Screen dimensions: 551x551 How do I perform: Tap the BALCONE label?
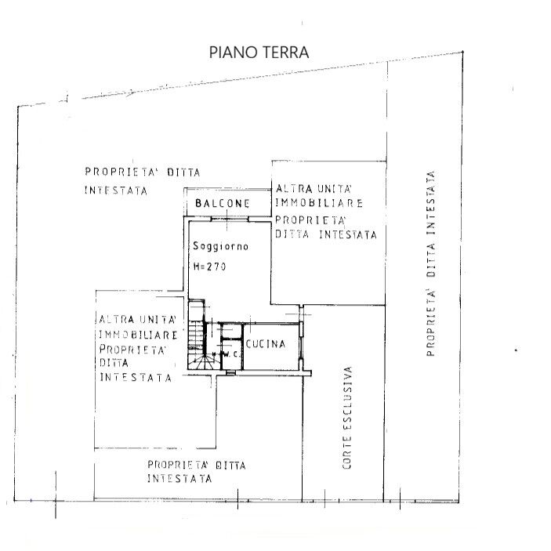223,203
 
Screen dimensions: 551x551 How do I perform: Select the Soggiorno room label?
221,246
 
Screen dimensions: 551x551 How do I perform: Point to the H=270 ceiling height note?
210,266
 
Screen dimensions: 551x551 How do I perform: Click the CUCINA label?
266,343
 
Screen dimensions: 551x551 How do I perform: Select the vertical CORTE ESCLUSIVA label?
347,418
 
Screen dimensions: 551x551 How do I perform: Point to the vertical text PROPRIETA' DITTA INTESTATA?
431,263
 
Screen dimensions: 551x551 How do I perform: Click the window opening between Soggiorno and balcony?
230,219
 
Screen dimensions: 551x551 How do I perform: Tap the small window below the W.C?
230,372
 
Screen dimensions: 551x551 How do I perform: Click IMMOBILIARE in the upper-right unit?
319,203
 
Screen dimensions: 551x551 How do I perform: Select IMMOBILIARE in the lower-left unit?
139,335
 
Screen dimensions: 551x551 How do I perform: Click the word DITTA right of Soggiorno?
292,234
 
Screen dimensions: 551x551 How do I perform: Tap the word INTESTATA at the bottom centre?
179,479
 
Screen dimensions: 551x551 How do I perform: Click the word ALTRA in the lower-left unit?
117,320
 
